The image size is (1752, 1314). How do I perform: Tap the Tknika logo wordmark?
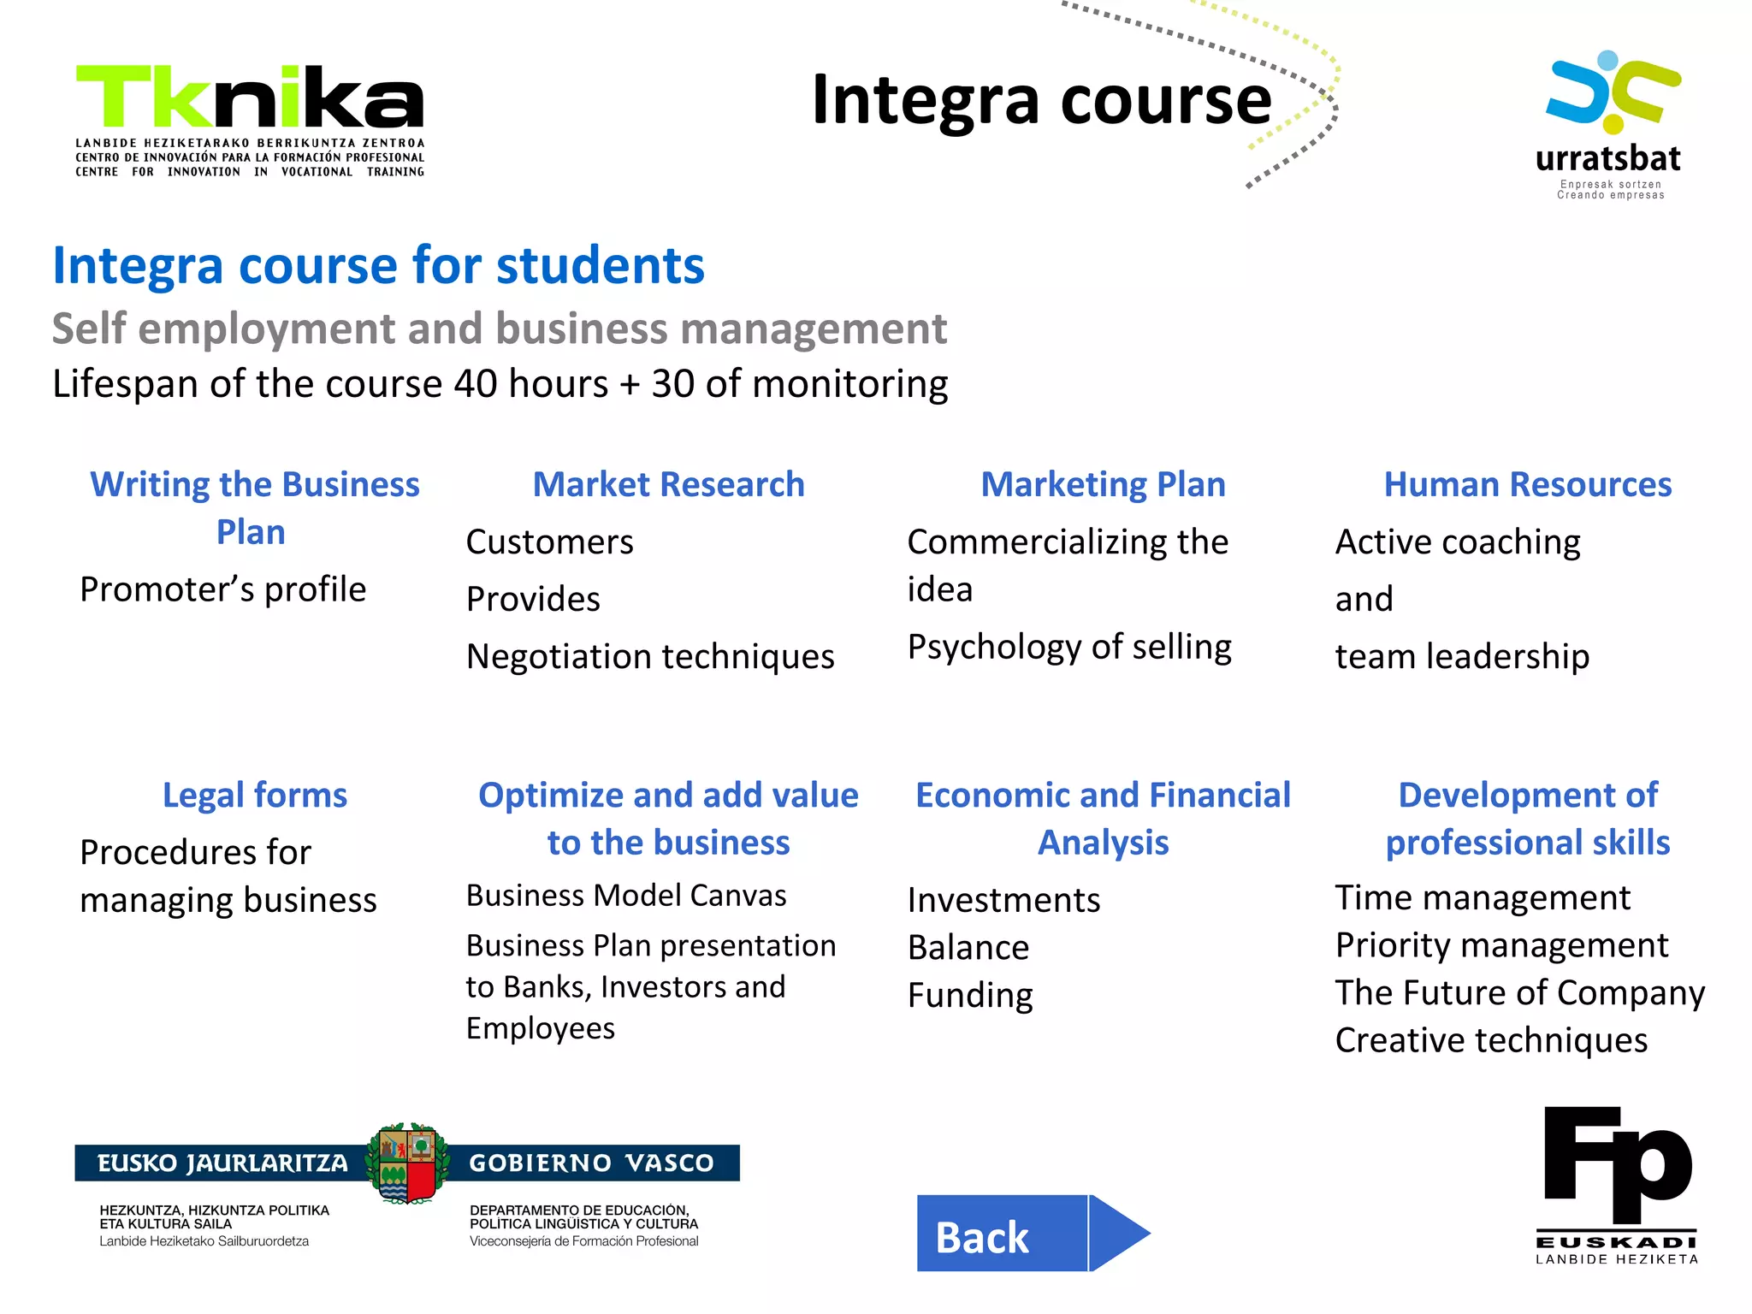250,98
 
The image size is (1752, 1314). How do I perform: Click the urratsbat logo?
1611,125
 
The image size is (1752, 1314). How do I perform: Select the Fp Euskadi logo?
1617,1185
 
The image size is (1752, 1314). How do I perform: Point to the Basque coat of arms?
408,1163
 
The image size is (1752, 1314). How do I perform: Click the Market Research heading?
668,484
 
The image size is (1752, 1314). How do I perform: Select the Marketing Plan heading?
1103,484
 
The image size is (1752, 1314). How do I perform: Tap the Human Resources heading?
1527,484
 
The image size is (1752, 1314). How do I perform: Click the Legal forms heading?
255,795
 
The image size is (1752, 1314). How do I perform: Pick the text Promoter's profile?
222,589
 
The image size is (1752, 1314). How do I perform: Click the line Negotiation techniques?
650,657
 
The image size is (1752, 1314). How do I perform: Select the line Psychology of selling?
1069,647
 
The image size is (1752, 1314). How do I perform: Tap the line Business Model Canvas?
626,896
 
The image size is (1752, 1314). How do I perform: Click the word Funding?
970,996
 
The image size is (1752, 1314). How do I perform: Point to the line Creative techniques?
1491,1040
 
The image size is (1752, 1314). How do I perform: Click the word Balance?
968,948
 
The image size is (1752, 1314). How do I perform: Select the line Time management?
1483,898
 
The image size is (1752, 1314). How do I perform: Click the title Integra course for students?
378,265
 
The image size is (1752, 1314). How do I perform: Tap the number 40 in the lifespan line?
476,384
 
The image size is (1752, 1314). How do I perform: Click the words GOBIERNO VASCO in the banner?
591,1163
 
